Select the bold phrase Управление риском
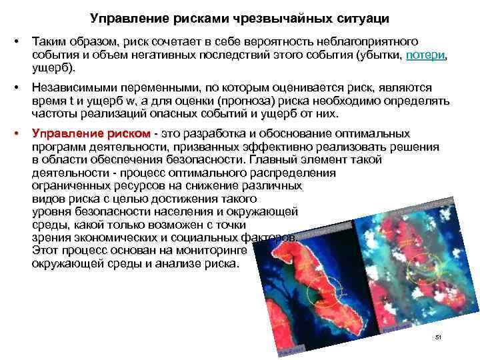[91, 134]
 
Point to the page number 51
[438, 338]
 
